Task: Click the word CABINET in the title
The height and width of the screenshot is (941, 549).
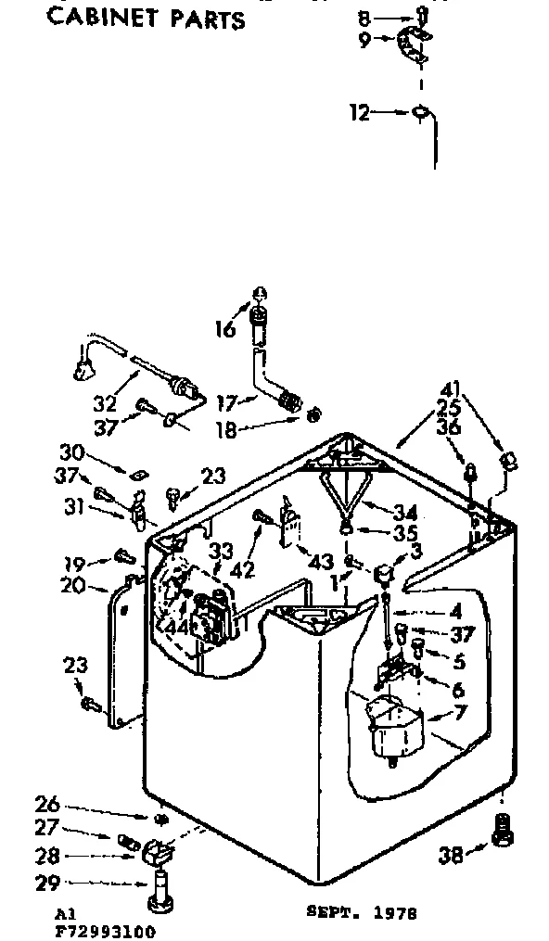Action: pos(101,19)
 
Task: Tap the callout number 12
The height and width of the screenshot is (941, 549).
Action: pos(360,113)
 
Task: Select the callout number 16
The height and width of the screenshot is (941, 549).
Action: pos(225,327)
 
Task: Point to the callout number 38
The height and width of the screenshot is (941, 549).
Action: pos(451,855)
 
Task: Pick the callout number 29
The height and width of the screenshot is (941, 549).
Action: pos(47,884)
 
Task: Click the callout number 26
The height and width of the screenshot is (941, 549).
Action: pos(47,804)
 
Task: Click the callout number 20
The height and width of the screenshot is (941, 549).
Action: pos(73,586)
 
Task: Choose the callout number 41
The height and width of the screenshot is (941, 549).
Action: pos(451,389)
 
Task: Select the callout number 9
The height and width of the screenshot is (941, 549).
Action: pos(364,39)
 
